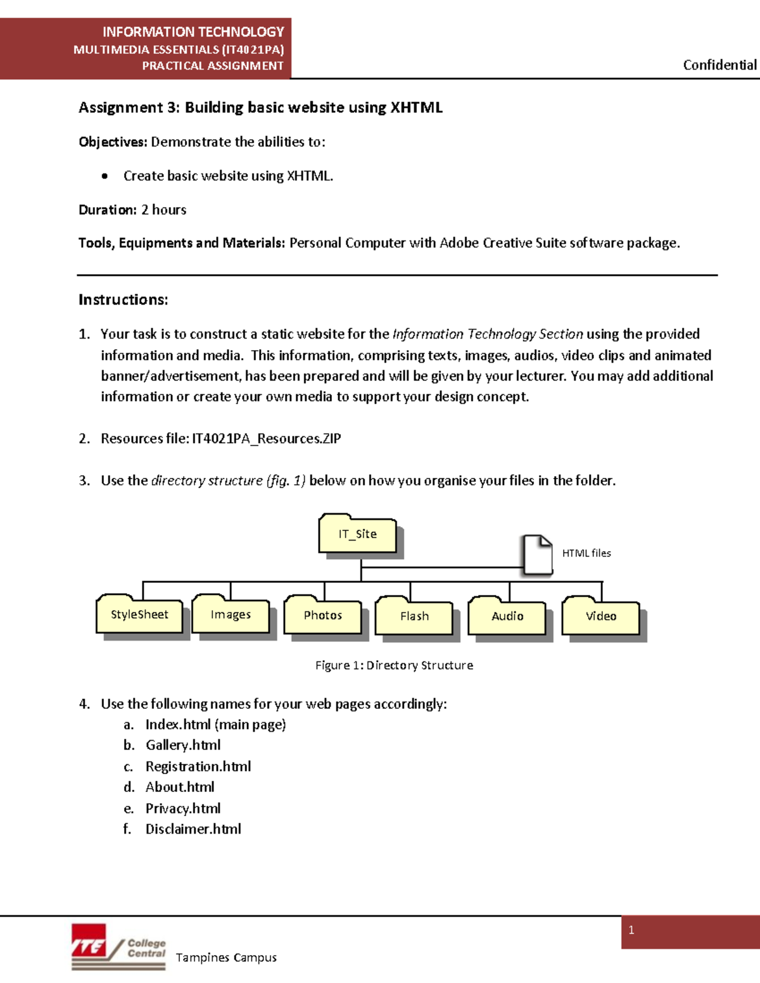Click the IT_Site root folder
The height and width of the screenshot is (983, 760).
[x=358, y=534]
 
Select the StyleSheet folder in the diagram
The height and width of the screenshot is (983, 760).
[x=139, y=615]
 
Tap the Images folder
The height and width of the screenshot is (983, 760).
[x=231, y=615]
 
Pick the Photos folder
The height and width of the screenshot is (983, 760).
[x=322, y=615]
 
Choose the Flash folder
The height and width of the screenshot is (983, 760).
[x=414, y=617]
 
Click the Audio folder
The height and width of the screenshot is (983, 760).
[x=507, y=617]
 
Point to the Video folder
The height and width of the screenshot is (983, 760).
[x=600, y=617]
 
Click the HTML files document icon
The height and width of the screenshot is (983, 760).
[x=537, y=554]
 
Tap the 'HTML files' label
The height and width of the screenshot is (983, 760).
[x=586, y=553]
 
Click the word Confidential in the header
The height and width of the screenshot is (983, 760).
[x=719, y=65]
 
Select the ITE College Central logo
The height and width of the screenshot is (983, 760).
[x=118, y=947]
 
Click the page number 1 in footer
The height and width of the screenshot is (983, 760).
[x=631, y=930]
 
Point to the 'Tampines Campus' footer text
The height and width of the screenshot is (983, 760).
[x=226, y=958]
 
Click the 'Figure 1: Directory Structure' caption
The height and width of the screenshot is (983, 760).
[x=394, y=665]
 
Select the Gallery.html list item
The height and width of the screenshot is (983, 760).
[x=183, y=745]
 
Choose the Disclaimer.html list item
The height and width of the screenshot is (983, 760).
[x=193, y=829]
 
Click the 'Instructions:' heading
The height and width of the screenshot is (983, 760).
[x=123, y=300]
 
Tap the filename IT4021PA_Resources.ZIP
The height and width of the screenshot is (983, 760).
[x=266, y=439]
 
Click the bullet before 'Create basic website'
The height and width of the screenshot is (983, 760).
[x=104, y=177]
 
